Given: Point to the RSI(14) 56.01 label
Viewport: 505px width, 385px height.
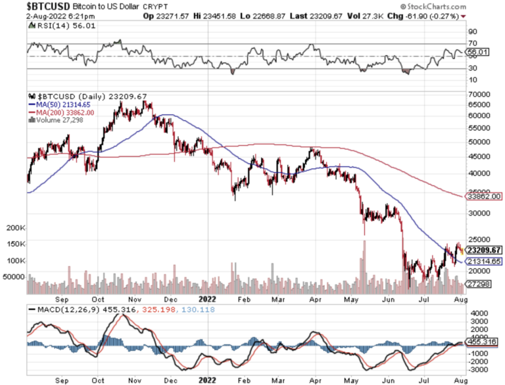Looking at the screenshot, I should click(x=57, y=26).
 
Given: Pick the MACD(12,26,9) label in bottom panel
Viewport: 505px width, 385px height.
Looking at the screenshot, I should click(x=62, y=309).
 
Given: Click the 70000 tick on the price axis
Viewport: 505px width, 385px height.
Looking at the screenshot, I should click(x=479, y=95).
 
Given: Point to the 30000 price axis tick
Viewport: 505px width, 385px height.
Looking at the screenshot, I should click(x=479, y=213).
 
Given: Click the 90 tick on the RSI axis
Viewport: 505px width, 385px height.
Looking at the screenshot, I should click(x=471, y=31).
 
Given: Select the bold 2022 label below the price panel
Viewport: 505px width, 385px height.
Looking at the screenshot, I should click(x=207, y=298).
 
